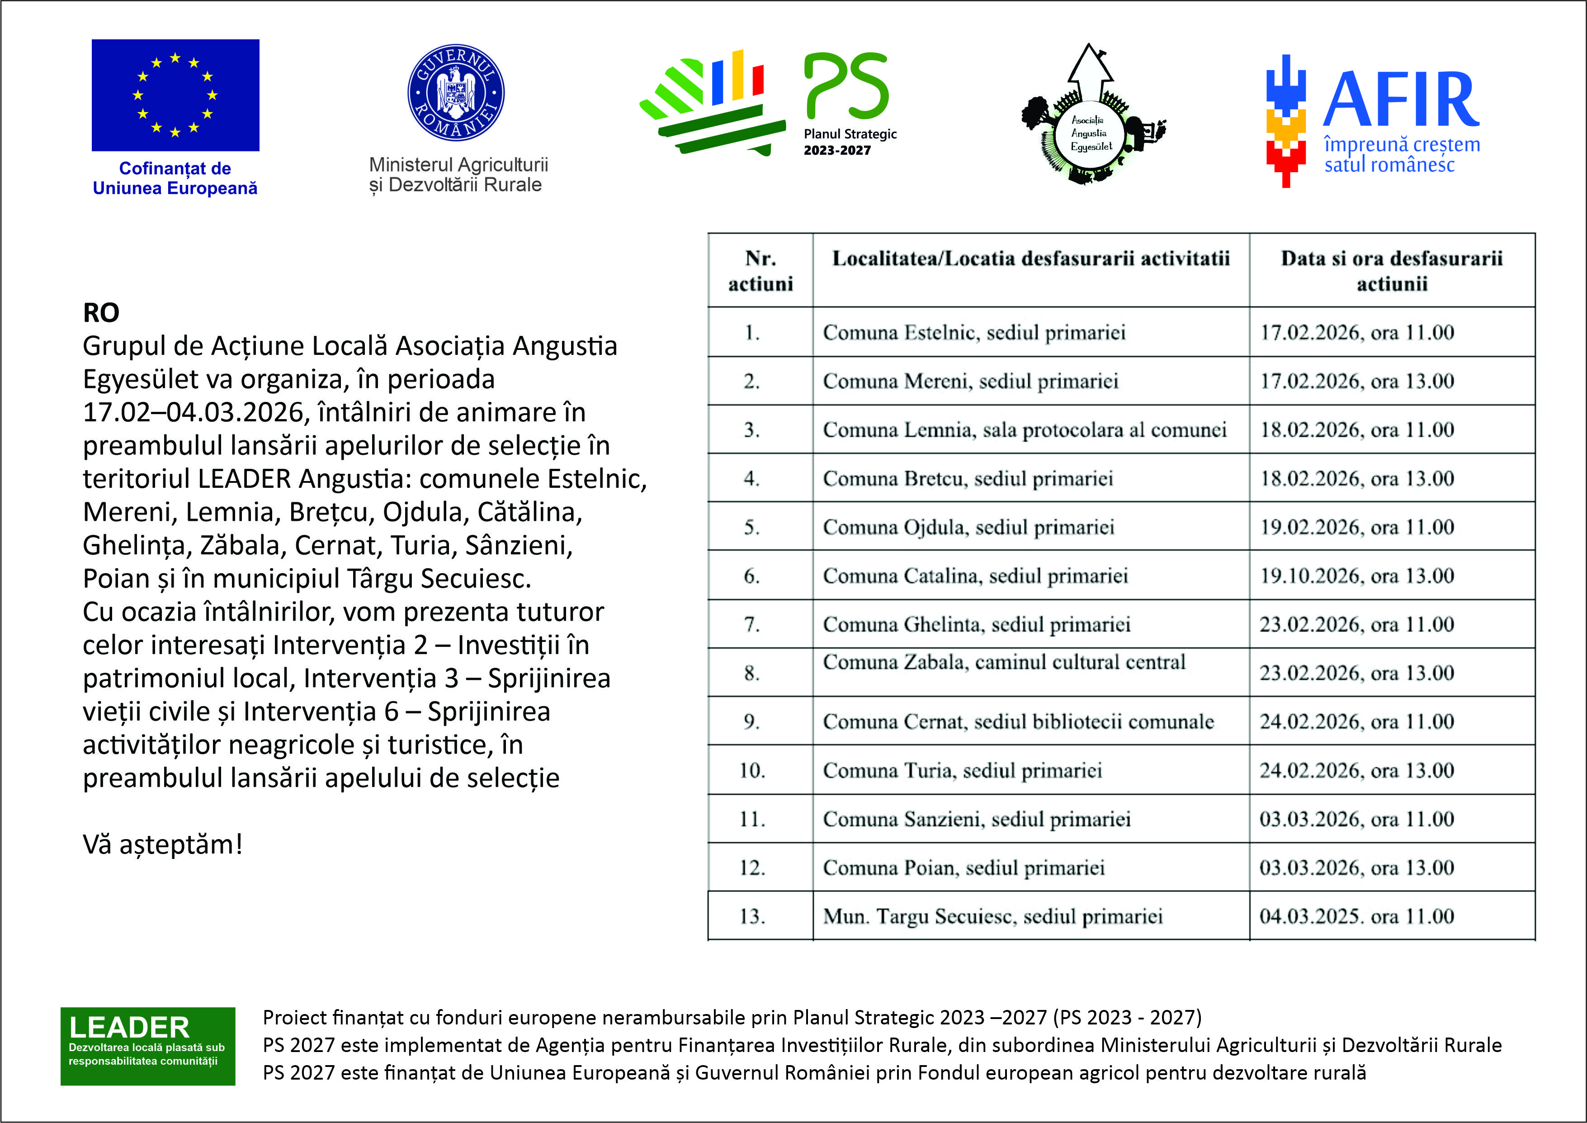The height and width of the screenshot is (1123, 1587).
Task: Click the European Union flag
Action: click(x=175, y=95)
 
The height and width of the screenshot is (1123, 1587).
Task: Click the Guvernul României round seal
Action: click(x=456, y=93)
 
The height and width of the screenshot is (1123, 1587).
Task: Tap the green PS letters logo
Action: click(x=846, y=86)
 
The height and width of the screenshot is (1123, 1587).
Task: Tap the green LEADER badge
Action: click(x=147, y=1046)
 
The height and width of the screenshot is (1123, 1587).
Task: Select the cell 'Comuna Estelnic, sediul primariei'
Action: click(x=973, y=333)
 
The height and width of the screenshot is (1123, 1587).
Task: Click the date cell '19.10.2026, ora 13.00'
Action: click(x=1357, y=576)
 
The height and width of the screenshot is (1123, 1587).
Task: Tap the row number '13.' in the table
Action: click(x=752, y=916)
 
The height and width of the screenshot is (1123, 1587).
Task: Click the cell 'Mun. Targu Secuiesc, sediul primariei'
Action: click(x=992, y=916)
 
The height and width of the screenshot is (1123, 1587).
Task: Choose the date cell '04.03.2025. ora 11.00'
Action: click(x=1357, y=916)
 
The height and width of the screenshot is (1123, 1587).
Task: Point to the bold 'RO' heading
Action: click(x=101, y=312)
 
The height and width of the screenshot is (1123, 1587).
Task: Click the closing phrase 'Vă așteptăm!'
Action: click(x=162, y=845)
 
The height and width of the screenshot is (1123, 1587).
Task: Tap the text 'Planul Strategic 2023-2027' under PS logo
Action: click(x=850, y=142)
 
